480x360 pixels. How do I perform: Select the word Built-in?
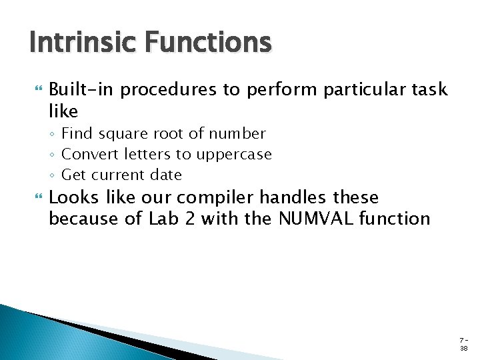(83, 89)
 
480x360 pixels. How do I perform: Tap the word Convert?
(87, 155)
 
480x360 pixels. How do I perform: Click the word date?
(167, 175)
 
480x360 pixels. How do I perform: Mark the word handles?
(293, 197)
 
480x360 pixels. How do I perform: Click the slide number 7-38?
(463, 343)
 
